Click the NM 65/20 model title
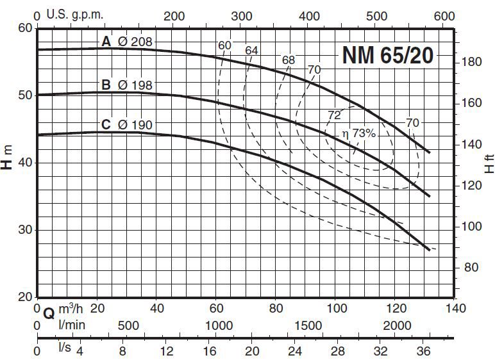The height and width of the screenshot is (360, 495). (x=387, y=55)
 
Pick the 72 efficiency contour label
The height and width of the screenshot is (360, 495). (x=334, y=115)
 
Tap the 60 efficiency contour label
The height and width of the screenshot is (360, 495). (x=224, y=45)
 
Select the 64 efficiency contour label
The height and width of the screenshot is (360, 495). (x=251, y=50)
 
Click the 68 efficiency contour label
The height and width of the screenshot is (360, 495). (x=289, y=60)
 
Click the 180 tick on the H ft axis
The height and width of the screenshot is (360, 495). (x=471, y=61)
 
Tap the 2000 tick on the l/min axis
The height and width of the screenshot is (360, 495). (x=397, y=325)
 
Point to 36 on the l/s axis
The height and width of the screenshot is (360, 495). (x=425, y=351)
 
